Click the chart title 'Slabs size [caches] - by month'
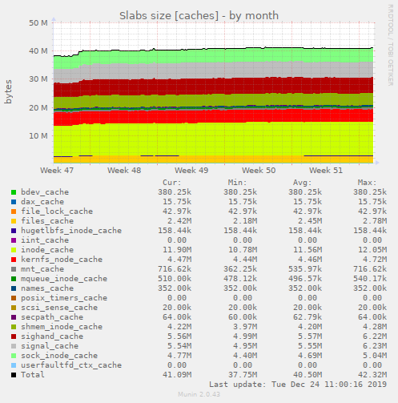click(199, 14)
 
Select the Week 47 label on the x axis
click(56, 171)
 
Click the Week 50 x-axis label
click(259, 171)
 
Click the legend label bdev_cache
click(45, 192)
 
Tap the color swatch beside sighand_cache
click(13, 337)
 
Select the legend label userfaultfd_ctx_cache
click(71, 365)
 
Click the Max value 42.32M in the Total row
click(366, 375)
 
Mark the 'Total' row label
click(33, 375)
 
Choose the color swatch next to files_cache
click(13, 221)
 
